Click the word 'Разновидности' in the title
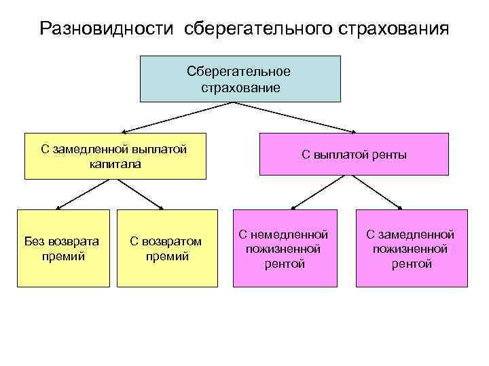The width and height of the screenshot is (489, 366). [x=108, y=29]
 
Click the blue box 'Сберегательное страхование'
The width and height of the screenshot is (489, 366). [x=240, y=79]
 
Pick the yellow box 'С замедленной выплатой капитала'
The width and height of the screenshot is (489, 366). [x=114, y=157]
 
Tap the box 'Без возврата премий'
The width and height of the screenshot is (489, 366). [x=62, y=248]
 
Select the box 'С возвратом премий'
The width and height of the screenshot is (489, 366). [x=168, y=248]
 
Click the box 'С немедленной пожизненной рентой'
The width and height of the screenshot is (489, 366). [x=284, y=248]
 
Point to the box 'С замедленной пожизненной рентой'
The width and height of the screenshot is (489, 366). [x=410, y=248]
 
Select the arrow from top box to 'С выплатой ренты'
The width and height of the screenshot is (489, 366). [x=295, y=117]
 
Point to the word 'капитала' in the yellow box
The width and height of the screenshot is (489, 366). [x=114, y=163]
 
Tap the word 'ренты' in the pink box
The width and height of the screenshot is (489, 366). [x=390, y=155]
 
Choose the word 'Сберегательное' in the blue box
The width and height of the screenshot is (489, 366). [x=240, y=72]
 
